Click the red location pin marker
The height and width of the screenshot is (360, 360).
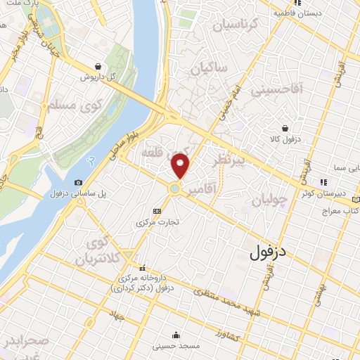181,166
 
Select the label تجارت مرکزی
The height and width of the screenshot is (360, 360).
159,222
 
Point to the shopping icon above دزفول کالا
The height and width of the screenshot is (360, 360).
285,128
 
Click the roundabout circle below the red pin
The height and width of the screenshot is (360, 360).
174,188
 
